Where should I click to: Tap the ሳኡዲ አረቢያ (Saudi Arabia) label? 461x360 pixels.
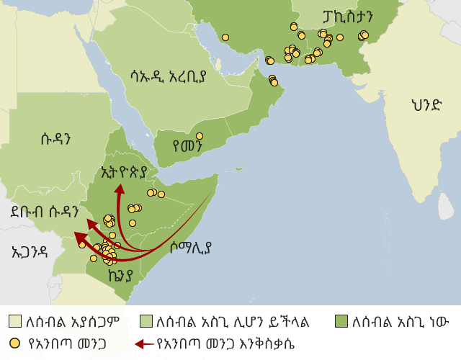click(169, 75)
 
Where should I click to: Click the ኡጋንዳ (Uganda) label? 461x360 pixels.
click(30, 251)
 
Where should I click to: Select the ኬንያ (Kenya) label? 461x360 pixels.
click(120, 275)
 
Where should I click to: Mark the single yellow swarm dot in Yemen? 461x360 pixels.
click(200, 136)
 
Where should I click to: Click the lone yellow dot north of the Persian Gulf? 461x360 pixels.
click(225, 37)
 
